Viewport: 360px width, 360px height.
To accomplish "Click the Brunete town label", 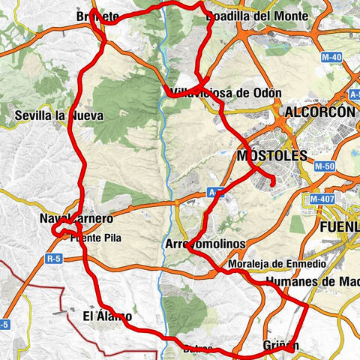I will point(97,16).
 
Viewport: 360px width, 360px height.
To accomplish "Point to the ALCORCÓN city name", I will point(319,112).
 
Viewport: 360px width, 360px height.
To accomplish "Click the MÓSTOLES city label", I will point(271,156).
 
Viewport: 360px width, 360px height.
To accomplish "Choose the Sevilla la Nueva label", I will point(58,116).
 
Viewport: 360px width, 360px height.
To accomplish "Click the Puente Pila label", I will point(95,239).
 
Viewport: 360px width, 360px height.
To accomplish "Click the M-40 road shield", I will point(331,57).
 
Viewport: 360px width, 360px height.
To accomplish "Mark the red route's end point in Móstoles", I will point(273,182).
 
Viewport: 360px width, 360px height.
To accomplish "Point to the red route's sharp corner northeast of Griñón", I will point(308,304).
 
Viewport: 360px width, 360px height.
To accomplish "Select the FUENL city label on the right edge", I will point(339,226).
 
